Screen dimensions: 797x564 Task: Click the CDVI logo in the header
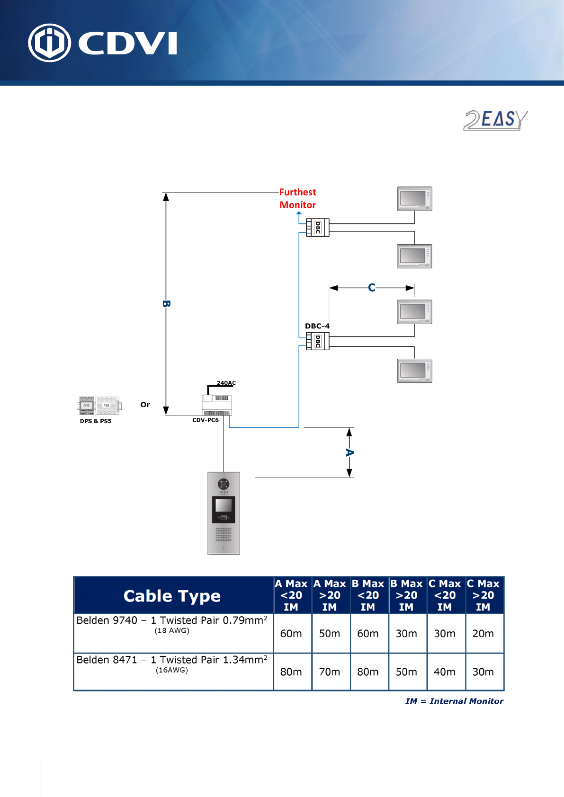click(103, 43)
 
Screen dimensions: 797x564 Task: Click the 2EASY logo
click(495, 120)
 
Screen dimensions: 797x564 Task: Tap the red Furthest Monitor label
click(297, 198)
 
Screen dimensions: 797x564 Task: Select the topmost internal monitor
click(414, 199)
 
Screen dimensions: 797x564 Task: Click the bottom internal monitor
click(414, 371)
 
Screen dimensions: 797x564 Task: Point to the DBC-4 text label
click(317, 326)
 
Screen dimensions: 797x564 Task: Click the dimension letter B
click(166, 304)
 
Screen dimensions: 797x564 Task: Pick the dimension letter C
click(372, 288)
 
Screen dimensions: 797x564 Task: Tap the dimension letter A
click(349, 453)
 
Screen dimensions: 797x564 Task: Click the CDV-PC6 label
click(206, 420)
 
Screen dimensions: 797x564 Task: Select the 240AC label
click(226, 383)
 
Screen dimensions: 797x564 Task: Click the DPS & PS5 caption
click(96, 421)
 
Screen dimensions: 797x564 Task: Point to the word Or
click(145, 405)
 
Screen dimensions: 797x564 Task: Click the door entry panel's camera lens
click(224, 484)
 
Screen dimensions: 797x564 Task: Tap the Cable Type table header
click(172, 596)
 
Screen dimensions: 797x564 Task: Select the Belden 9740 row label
click(172, 621)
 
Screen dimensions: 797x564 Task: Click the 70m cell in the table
click(330, 672)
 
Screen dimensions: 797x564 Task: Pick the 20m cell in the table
click(483, 634)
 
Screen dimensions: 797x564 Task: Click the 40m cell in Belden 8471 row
click(445, 672)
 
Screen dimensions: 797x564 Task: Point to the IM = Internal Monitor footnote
click(454, 701)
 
